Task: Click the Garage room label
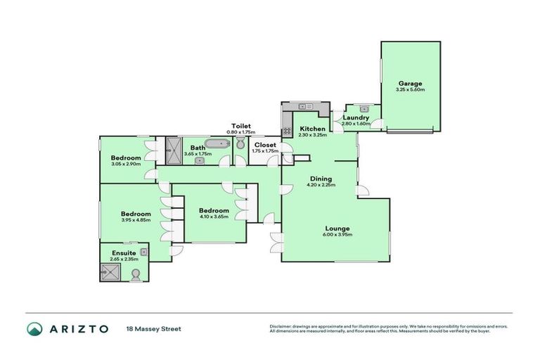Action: pyautogui.click(x=410, y=84)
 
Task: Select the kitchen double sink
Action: pyautogui.click(x=305, y=107)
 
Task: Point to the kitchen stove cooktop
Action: pyautogui.click(x=287, y=130)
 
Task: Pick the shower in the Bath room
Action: pyautogui.click(x=173, y=149)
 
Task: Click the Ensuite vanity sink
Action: pyautogui.click(x=143, y=251)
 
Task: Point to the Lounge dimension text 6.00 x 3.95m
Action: pyautogui.click(x=338, y=235)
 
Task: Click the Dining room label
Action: pyautogui.click(x=321, y=179)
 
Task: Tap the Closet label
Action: pyautogui.click(x=266, y=145)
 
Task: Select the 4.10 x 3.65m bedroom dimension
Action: pyautogui.click(x=213, y=217)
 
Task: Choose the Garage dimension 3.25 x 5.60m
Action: pyautogui.click(x=410, y=90)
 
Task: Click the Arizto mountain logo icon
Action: pyautogui.click(x=34, y=329)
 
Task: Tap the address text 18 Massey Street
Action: pyautogui.click(x=153, y=329)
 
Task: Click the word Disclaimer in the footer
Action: pyautogui.click(x=281, y=326)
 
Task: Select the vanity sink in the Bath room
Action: pyautogui.click(x=200, y=160)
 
